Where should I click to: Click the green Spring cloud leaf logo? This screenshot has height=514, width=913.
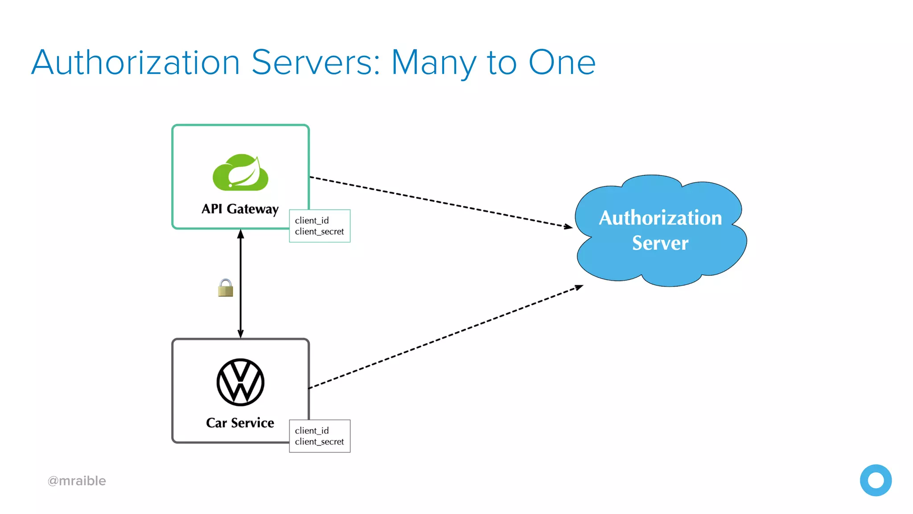click(x=240, y=173)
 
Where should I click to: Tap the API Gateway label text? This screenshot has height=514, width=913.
click(x=240, y=209)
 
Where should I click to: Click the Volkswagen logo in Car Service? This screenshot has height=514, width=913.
click(x=240, y=382)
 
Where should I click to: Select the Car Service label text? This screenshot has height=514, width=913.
click(x=240, y=423)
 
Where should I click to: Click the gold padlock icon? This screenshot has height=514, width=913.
click(x=226, y=288)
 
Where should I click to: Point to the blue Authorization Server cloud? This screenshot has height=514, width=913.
click(x=660, y=268)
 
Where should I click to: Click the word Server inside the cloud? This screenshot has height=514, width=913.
click(x=660, y=243)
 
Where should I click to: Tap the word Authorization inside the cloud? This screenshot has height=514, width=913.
click(x=660, y=218)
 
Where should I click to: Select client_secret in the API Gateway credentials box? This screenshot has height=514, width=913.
click(x=319, y=232)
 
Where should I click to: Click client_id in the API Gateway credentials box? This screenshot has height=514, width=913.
click(x=312, y=220)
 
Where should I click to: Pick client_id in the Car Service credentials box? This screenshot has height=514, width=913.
click(x=312, y=431)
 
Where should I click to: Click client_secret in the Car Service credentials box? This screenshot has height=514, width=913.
click(x=319, y=442)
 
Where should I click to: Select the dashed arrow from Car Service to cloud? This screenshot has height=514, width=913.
click(x=446, y=337)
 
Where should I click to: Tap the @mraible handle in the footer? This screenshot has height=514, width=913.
click(x=77, y=481)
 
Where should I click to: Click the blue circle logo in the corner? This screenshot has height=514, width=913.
click(x=876, y=480)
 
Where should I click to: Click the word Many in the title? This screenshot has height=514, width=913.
click(x=433, y=63)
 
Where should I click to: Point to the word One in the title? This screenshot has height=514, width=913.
click(x=562, y=62)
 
